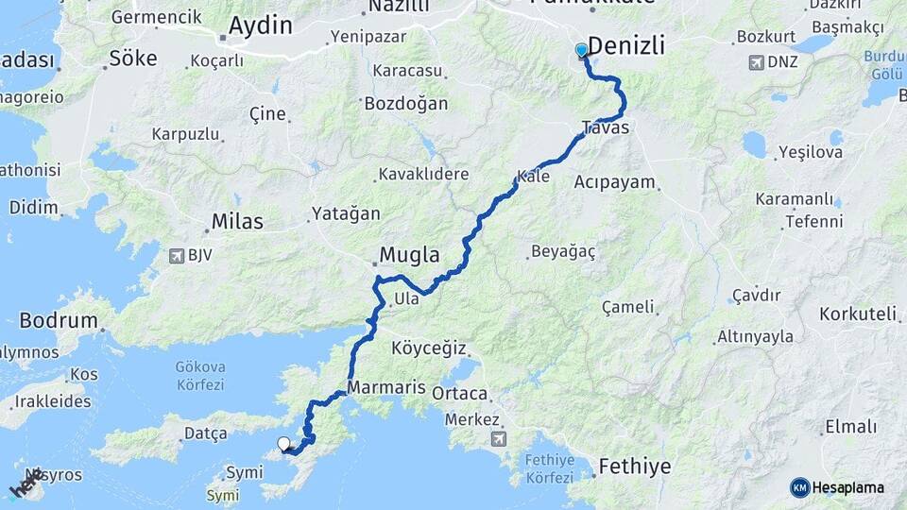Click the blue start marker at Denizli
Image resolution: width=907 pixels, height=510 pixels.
pos(582,50)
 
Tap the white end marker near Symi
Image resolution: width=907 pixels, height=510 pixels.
pos(283,443)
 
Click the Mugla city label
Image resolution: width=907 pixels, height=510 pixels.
pos(409,254)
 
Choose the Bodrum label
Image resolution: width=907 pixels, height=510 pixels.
pos(59,320)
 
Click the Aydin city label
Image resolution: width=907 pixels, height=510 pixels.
pos(259,25)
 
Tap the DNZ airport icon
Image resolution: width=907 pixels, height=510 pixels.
pos(756,62)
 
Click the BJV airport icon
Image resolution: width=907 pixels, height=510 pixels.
pos(175,255)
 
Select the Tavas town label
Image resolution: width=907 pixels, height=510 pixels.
pos(606,127)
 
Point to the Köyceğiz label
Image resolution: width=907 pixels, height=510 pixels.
pos(429,348)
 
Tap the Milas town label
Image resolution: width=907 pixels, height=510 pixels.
pos(237,221)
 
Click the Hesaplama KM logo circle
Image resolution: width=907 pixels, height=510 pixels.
pos(800,487)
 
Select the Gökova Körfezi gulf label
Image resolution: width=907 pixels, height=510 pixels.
pos(199,375)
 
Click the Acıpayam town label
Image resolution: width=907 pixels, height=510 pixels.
pos(614,181)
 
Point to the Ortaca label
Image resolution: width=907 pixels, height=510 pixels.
pos(459,393)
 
